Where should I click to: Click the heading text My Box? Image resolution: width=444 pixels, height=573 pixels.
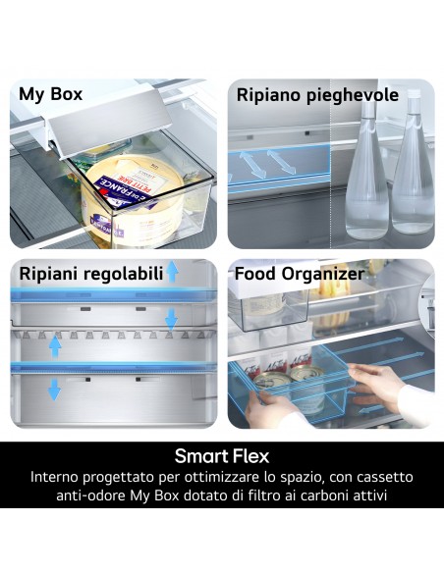coord(50,95)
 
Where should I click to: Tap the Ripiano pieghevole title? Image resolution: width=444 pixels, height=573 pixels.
coord(317,95)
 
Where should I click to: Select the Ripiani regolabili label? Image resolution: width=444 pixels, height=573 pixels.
coord(89,274)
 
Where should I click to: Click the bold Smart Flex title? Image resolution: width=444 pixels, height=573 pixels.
coord(221,456)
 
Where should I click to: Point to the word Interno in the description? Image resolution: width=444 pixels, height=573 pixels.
coord(58,477)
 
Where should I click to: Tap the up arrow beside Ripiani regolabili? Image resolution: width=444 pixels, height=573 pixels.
coord(172,272)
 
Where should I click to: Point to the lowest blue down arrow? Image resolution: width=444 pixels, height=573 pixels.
coord(55,390)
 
